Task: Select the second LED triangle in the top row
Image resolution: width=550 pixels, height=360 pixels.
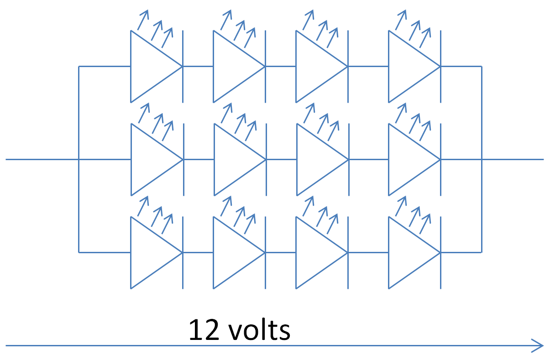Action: point(234,67)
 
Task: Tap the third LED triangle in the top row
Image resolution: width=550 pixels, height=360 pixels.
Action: point(317,67)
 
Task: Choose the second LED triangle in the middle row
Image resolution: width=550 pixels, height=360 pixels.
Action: point(234,160)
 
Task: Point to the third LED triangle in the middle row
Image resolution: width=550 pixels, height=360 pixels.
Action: point(317,160)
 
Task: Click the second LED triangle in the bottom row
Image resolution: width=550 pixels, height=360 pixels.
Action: point(234,252)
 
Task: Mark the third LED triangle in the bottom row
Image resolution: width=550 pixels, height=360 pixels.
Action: point(317,252)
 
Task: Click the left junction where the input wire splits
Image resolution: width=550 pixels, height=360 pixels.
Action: point(79,160)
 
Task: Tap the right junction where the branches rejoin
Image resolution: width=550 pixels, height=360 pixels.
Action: point(482,160)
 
